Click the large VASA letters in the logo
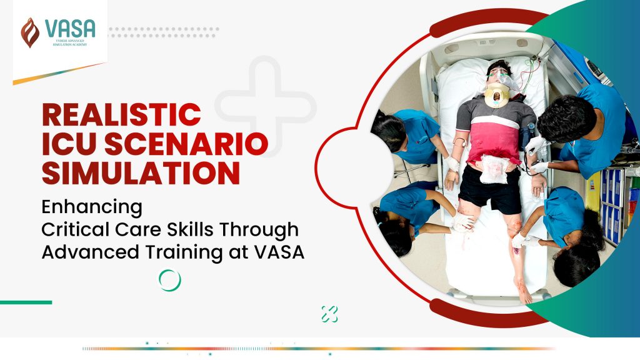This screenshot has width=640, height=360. click(x=70, y=28)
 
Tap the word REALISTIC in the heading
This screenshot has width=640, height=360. click(x=121, y=116)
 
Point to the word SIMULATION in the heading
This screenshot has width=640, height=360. click(x=141, y=173)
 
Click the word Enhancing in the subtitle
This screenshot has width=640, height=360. click(x=92, y=206)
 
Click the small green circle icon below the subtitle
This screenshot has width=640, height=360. click(x=169, y=280)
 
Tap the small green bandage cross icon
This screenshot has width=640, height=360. click(x=329, y=314)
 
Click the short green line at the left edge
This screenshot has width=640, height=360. click(x=26, y=302)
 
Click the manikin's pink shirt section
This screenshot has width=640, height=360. click(x=494, y=139)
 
